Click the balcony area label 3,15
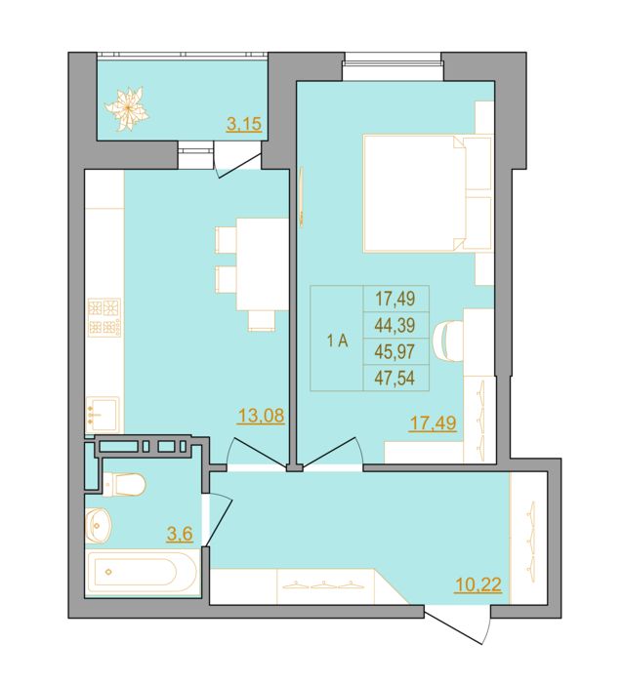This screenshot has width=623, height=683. pyautogui.click(x=244, y=124)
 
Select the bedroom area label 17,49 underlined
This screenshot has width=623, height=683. pyautogui.click(x=433, y=422)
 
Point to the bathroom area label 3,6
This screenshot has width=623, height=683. pyautogui.click(x=180, y=533)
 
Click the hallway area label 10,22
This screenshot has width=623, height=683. pyautogui.click(x=478, y=584)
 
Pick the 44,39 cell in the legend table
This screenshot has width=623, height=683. pyautogui.click(x=395, y=325)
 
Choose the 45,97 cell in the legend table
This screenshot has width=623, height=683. pyautogui.click(x=395, y=351)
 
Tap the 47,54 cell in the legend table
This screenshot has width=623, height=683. pyautogui.click(x=395, y=378)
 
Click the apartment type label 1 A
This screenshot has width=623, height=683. pyautogui.click(x=338, y=341)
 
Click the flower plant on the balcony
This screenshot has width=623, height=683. pyautogui.click(x=126, y=108)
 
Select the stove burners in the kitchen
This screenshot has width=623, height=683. pyautogui.click(x=104, y=317)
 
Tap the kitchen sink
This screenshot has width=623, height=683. pyautogui.click(x=103, y=415)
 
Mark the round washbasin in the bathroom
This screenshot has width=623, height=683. pyautogui.click(x=99, y=526)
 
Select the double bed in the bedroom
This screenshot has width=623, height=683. pyautogui.click(x=428, y=193)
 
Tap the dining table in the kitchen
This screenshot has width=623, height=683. pyautogui.click(x=263, y=264)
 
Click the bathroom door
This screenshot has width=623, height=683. pyautogui.click(x=219, y=519)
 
